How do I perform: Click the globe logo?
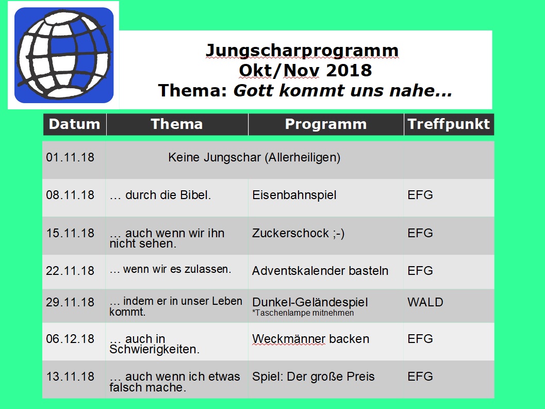click(64, 55)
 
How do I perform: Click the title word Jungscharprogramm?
click(302, 51)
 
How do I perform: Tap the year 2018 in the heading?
click(349, 70)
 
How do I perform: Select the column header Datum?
click(74, 124)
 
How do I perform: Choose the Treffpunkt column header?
click(449, 124)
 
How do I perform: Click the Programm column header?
click(326, 124)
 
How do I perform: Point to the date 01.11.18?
click(70, 157)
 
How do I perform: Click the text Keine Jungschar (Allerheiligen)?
click(254, 157)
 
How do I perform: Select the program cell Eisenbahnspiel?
click(294, 195)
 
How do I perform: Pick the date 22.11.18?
click(70, 271)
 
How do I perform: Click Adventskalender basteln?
click(320, 271)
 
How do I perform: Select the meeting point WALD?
click(425, 302)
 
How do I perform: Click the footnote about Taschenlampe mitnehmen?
click(303, 313)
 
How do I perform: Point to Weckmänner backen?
click(311, 339)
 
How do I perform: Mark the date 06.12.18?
click(70, 339)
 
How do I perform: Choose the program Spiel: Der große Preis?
click(313, 377)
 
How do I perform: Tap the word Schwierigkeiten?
click(155, 349)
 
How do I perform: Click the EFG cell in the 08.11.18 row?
click(420, 195)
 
